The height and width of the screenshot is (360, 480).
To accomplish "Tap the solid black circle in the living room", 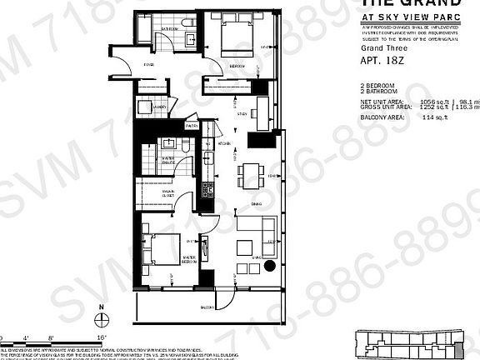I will (x=271, y=267).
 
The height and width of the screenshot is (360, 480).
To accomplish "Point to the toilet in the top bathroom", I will (x=190, y=39).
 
